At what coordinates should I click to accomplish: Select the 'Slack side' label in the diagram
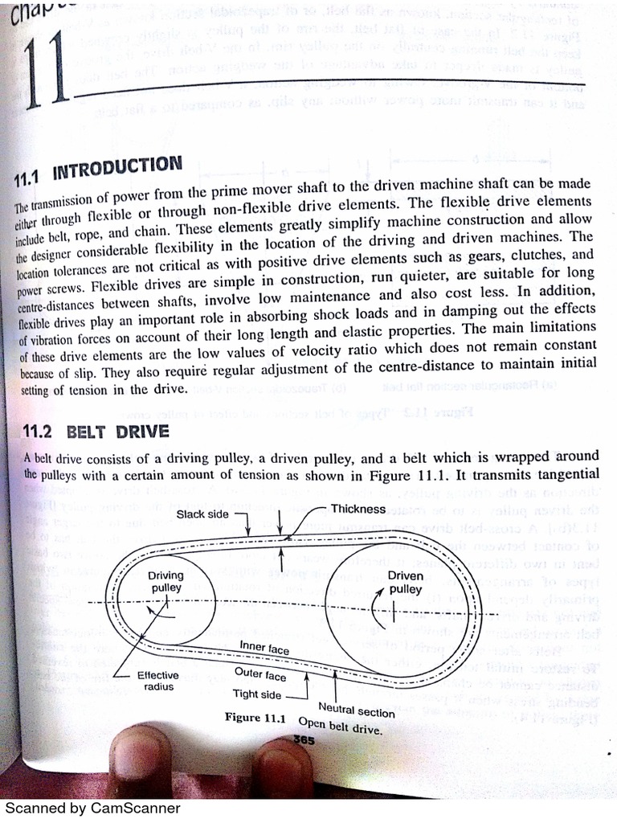click(202, 514)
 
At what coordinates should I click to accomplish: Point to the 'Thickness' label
click(358, 508)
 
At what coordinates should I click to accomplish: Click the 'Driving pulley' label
click(165, 581)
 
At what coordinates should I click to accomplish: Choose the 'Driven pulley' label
click(405, 582)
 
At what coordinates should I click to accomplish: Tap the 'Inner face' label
click(264, 648)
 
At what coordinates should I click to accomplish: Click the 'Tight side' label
click(257, 694)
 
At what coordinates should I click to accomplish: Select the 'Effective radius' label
click(157, 681)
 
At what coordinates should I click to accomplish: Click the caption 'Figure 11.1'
click(255, 718)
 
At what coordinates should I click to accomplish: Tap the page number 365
click(304, 739)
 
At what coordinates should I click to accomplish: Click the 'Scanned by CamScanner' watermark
click(93, 809)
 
